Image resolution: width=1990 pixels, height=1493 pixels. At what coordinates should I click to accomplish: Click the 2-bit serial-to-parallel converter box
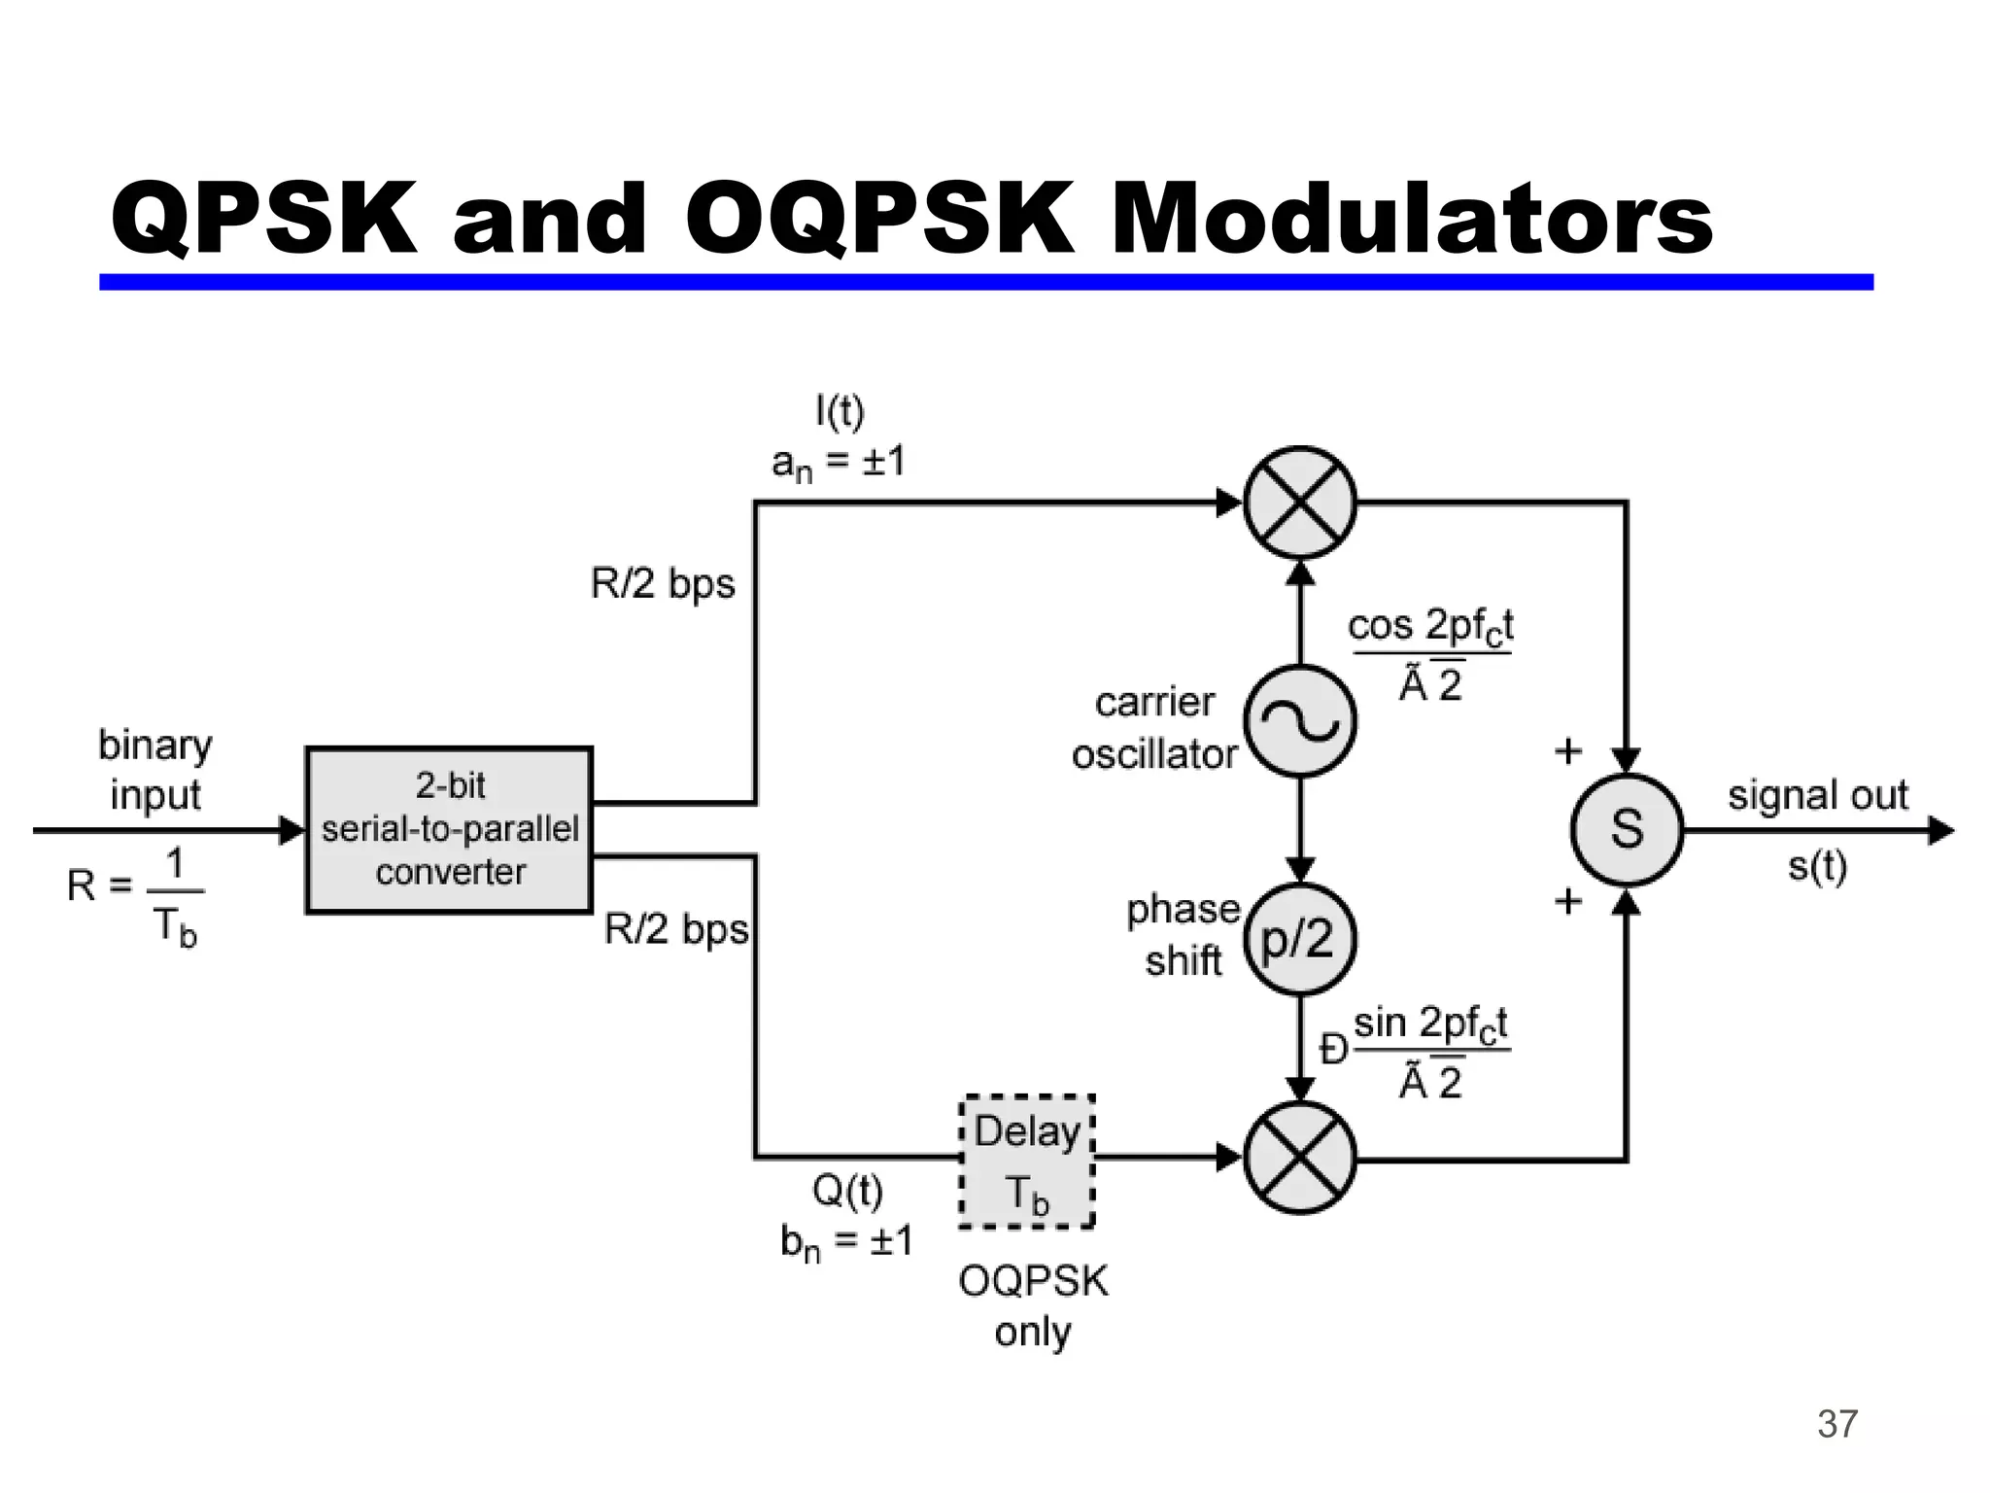(449, 829)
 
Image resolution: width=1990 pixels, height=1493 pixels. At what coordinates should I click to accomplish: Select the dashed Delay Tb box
(1027, 1162)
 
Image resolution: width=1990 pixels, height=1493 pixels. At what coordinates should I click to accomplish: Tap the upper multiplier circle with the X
(1300, 503)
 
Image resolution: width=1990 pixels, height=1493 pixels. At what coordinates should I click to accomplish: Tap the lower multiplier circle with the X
(1300, 1158)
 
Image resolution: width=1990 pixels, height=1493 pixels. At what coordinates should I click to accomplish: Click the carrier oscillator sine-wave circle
(1300, 721)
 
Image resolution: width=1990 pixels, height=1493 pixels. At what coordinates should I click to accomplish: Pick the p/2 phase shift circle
(1300, 939)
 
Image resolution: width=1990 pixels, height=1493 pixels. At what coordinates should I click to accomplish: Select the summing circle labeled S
(1627, 829)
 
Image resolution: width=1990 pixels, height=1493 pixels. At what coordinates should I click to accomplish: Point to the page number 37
(1836, 1424)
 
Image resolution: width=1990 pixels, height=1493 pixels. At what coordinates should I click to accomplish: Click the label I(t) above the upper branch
(840, 412)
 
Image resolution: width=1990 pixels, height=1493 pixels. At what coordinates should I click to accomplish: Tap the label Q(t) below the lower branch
(847, 1191)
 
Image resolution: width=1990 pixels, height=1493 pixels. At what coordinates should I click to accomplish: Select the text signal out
(1817, 795)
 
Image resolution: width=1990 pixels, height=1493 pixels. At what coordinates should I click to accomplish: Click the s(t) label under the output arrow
(1817, 865)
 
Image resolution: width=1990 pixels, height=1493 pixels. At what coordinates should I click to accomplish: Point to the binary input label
(155, 770)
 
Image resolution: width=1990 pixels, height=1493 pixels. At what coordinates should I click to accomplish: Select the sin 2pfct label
(1430, 1024)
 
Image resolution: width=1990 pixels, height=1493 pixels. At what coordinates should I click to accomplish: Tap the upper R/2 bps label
(663, 583)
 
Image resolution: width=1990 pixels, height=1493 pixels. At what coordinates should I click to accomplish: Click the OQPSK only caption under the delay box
(1033, 1305)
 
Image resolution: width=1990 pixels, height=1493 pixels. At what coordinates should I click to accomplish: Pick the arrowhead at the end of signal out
(1940, 830)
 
